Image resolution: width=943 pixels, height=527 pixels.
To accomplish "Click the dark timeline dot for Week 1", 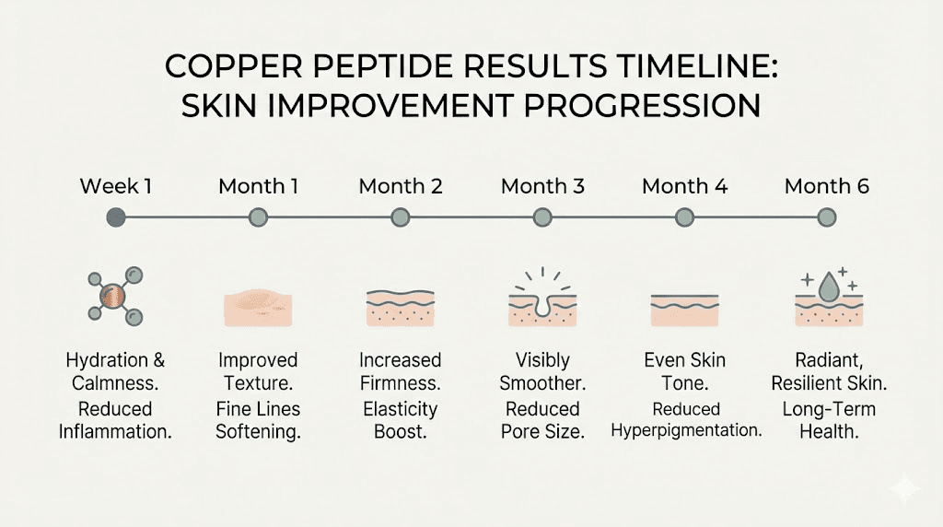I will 115,217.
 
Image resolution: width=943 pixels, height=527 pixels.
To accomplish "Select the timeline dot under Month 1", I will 258,217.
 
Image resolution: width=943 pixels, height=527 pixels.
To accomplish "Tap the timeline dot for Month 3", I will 542,217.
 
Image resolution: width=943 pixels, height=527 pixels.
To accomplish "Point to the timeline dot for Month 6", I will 826,217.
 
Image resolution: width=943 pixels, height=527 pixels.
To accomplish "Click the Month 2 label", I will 401,186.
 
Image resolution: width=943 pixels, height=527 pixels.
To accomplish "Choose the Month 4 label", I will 684,186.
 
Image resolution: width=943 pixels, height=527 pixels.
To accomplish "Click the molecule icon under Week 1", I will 115,296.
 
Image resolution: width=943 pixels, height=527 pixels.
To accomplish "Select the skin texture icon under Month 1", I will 258,303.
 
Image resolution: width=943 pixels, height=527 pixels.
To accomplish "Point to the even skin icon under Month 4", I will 684,310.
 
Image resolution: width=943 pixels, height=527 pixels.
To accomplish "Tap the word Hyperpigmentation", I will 686,431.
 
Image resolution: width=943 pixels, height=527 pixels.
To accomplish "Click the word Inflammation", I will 115,431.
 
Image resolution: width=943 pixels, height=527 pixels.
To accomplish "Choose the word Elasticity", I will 401,408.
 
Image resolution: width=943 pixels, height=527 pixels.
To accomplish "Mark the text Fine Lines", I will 258,408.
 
